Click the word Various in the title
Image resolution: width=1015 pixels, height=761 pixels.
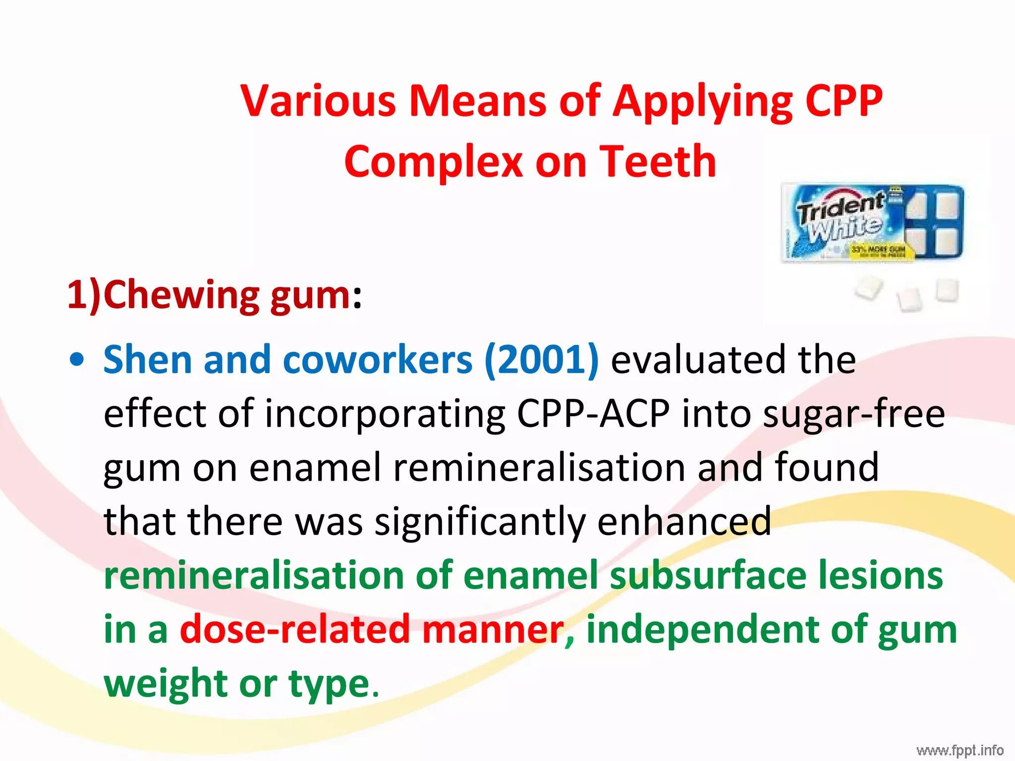318,101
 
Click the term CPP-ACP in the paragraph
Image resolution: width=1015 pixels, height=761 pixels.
593,413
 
